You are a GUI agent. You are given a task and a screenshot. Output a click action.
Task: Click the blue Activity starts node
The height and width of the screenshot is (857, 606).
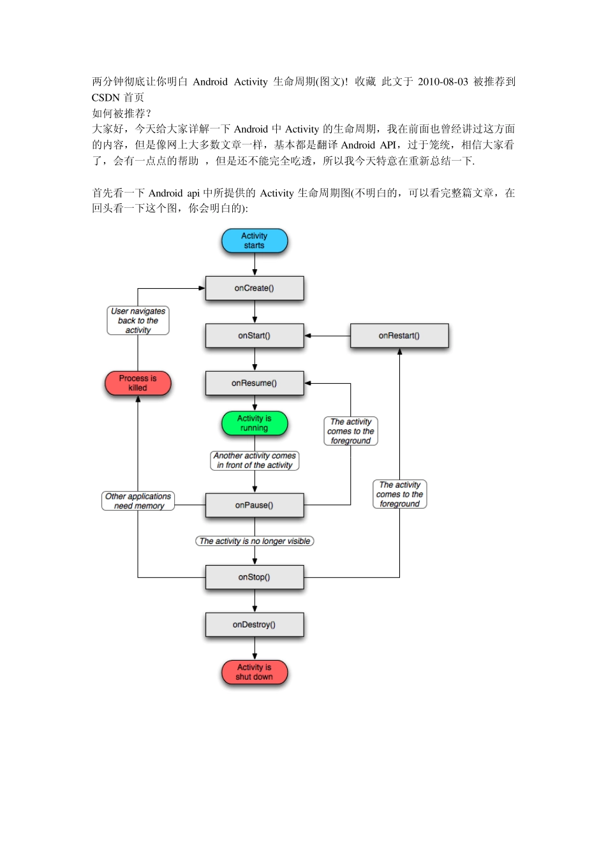point(255,241)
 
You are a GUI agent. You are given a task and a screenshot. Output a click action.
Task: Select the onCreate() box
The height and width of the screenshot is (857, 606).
point(255,288)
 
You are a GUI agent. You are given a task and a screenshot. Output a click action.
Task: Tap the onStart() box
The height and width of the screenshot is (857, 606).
point(255,335)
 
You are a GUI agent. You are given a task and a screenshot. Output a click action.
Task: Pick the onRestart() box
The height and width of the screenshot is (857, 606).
point(399,335)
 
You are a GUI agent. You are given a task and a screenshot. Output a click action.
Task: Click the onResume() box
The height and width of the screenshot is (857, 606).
point(255,383)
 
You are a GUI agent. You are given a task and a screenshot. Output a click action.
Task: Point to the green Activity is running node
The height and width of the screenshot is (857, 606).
point(255,423)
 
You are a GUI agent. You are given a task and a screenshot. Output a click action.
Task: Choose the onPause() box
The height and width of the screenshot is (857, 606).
point(255,505)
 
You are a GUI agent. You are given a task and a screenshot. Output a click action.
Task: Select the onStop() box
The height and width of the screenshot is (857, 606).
point(255,577)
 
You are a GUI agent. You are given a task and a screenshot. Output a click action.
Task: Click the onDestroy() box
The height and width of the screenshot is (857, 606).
point(255,625)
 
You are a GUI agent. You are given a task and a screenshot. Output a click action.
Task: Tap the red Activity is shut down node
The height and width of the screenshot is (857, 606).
point(255,672)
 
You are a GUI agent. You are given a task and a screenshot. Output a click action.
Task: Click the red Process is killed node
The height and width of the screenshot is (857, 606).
point(138,383)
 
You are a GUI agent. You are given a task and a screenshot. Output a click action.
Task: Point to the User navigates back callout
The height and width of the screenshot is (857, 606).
point(138,321)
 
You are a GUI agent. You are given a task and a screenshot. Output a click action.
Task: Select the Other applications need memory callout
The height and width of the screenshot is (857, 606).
point(138,501)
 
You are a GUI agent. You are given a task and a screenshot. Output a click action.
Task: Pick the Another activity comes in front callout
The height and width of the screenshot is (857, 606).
point(255,460)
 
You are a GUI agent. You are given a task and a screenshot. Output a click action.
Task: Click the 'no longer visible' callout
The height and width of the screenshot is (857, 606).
point(255,541)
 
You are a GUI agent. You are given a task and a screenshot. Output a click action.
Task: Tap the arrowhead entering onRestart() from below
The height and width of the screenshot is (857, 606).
point(400,352)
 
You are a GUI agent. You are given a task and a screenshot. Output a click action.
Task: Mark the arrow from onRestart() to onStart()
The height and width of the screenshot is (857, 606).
point(327,335)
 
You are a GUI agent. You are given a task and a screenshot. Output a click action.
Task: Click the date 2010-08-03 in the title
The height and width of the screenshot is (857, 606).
point(443,82)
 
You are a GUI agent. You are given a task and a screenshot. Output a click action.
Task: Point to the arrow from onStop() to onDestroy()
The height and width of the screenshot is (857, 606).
point(255,601)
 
